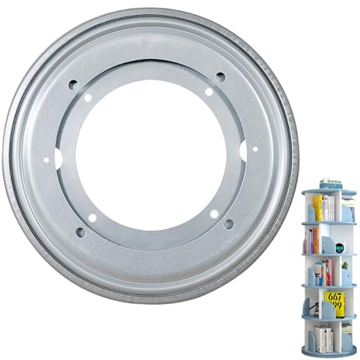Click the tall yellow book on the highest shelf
(317, 209)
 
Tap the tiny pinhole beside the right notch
(254, 148)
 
